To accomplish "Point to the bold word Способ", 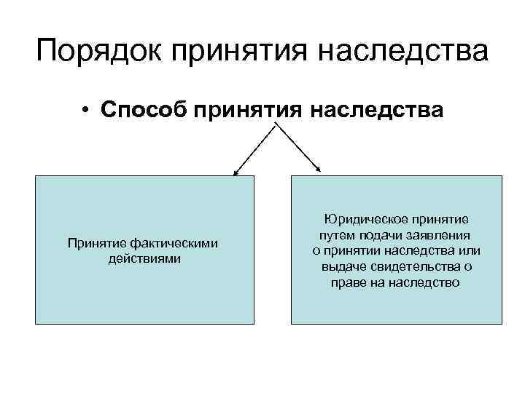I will point(146,110).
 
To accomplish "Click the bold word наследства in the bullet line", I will point(377,110).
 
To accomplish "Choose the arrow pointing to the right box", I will point(297,150).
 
